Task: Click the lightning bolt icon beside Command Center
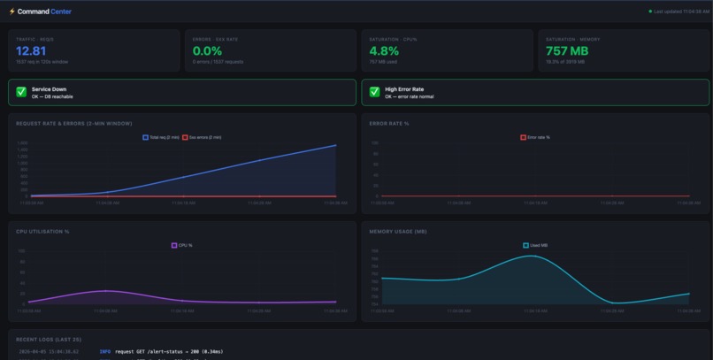point(12,11)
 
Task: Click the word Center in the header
point(61,11)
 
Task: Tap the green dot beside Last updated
point(650,11)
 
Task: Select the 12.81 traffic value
point(31,51)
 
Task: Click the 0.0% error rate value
point(207,51)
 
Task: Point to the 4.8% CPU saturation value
point(384,51)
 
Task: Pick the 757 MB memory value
point(567,51)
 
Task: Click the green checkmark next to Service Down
point(21,92)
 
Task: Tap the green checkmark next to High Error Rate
point(374,92)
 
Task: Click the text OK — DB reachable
point(52,96)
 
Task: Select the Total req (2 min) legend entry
point(161,137)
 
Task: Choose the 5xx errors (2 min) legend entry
point(202,137)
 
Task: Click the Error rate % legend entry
point(535,137)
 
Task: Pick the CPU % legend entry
point(181,245)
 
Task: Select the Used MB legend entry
point(535,245)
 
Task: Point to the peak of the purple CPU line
point(105,291)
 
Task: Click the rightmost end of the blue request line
point(336,145)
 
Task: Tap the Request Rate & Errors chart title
point(73,123)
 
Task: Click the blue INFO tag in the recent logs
point(105,351)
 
